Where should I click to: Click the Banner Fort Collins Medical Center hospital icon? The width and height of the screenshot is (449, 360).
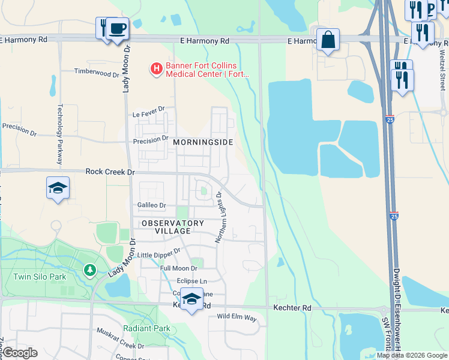click(156, 69)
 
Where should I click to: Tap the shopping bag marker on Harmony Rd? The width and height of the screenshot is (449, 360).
click(328, 40)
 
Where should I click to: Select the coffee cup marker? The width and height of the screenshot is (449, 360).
click(118, 28)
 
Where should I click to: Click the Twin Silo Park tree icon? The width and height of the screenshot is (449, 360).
click(90, 271)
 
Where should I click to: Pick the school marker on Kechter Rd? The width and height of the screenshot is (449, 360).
click(191, 299)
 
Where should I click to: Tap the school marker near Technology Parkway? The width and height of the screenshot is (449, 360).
click(58, 188)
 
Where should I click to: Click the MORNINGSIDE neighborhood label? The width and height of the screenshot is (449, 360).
click(202, 143)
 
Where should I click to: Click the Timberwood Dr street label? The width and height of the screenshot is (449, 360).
click(97, 73)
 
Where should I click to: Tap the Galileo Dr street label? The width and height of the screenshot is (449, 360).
click(151, 205)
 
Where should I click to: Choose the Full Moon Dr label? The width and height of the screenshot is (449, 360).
click(179, 268)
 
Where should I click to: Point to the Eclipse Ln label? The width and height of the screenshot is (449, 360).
click(191, 281)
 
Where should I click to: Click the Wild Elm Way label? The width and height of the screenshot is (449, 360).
click(237, 316)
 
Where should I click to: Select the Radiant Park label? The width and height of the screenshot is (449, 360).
click(146, 328)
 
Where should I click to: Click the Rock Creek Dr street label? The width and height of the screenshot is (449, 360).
click(111, 172)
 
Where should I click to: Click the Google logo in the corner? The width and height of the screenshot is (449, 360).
click(20, 353)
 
